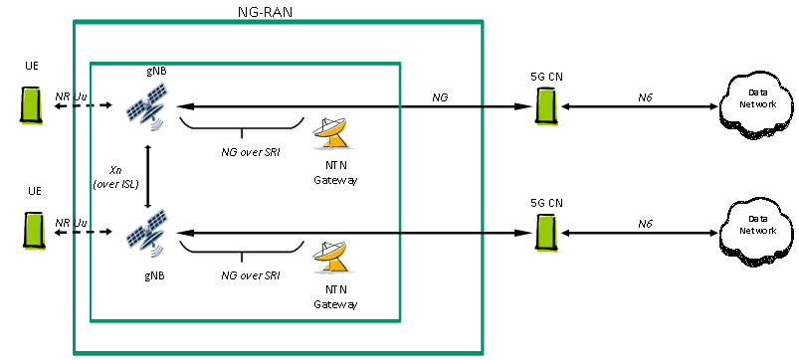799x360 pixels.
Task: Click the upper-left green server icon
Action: (x=33, y=106)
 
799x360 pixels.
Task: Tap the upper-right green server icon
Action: (x=547, y=107)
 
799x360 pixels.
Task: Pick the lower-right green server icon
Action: (x=547, y=233)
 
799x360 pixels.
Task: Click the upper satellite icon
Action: (x=146, y=108)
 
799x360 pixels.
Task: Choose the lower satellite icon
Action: (x=146, y=236)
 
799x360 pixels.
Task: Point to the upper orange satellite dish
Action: (x=332, y=133)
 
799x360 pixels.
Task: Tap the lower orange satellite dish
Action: (x=332, y=257)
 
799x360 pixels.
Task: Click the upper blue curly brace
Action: (x=242, y=128)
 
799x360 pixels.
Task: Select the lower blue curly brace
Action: (x=242, y=253)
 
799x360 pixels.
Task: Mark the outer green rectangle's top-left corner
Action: (x=75, y=21)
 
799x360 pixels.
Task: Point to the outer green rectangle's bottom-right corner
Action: (x=483, y=353)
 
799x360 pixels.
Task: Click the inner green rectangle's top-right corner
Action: (x=400, y=65)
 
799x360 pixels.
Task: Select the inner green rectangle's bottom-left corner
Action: (x=92, y=321)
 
